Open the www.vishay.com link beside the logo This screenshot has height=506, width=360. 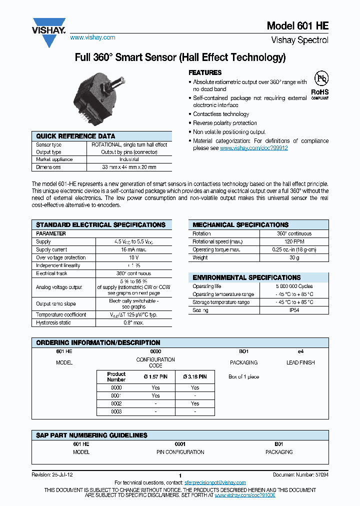click(92, 37)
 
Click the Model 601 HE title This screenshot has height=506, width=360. click(297, 26)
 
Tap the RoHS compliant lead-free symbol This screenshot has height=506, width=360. click(320, 84)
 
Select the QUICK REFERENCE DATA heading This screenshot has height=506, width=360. click(75, 136)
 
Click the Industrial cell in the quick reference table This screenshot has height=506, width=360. click(129, 159)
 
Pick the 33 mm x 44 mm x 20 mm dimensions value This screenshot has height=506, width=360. click(129, 167)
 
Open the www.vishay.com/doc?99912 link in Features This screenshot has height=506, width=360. click(253, 148)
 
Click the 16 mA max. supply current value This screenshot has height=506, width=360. click(133, 249)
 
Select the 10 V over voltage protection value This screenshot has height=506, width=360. click(133, 257)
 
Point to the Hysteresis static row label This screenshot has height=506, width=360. click(54, 322)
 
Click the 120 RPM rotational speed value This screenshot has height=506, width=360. click(294, 241)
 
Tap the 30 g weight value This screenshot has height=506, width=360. click(294, 257)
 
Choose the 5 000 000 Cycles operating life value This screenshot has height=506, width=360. click(294, 286)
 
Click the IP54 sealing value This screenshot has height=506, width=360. click(294, 310)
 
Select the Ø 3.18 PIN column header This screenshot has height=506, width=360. click(195, 376)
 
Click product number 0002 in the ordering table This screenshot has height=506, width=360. click(116, 403)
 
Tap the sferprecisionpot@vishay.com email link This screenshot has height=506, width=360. click(215, 482)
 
